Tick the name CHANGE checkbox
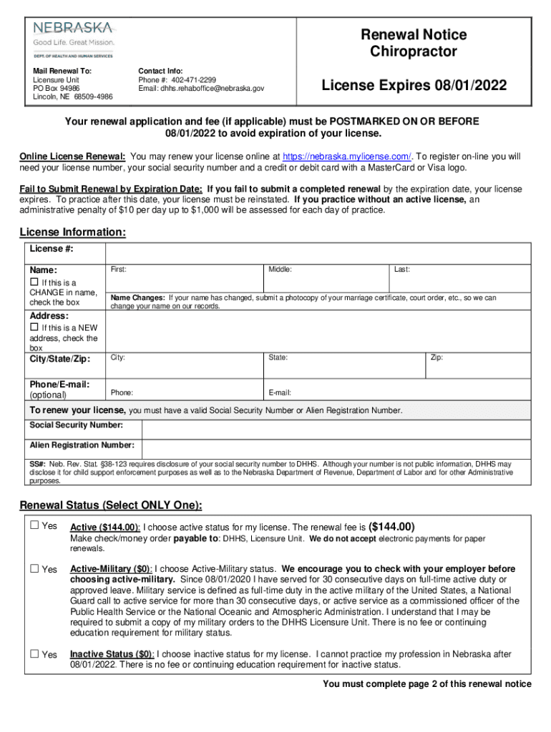pyautogui.click(x=34, y=283)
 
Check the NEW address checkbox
pyautogui.click(x=34, y=328)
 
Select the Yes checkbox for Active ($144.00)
pyautogui.click(x=34, y=526)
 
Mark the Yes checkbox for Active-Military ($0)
pyautogui.click(x=34, y=569)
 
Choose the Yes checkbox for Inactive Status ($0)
pyautogui.click(x=34, y=654)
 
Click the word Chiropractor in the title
pyautogui.click(x=413, y=51)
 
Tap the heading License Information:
pyautogui.click(x=73, y=232)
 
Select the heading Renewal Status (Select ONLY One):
pyautogui.click(x=111, y=505)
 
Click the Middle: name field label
pyautogui.click(x=280, y=269)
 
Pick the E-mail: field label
pyautogui.click(x=280, y=392)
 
